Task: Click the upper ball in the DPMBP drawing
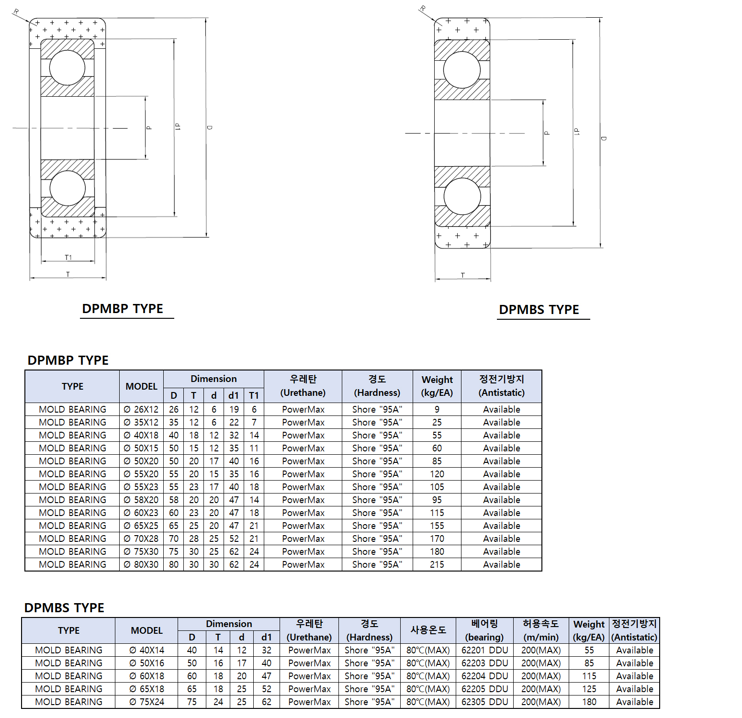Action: click(x=67, y=67)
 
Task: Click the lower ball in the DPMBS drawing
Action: click(x=462, y=196)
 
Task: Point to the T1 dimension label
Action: click(x=68, y=258)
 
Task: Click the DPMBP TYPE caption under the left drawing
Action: click(x=123, y=309)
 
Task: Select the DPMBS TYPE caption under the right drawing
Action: click(x=539, y=310)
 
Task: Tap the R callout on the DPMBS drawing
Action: click(x=423, y=9)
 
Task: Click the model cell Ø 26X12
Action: click(x=141, y=409)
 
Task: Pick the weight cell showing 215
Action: click(x=437, y=564)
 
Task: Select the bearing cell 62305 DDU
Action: click(x=484, y=702)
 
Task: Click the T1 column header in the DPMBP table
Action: click(x=254, y=395)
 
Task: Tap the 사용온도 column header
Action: click(x=428, y=630)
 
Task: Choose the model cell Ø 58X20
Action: click(x=141, y=500)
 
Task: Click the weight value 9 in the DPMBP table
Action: click(x=437, y=409)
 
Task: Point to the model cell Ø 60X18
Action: click(x=146, y=676)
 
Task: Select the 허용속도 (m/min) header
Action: click(x=540, y=630)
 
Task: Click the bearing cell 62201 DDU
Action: click(x=484, y=650)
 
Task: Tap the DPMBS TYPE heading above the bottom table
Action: click(x=64, y=607)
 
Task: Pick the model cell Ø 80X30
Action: click(x=141, y=564)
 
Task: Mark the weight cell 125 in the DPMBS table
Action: click(x=589, y=689)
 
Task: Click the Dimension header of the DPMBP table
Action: click(x=214, y=379)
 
